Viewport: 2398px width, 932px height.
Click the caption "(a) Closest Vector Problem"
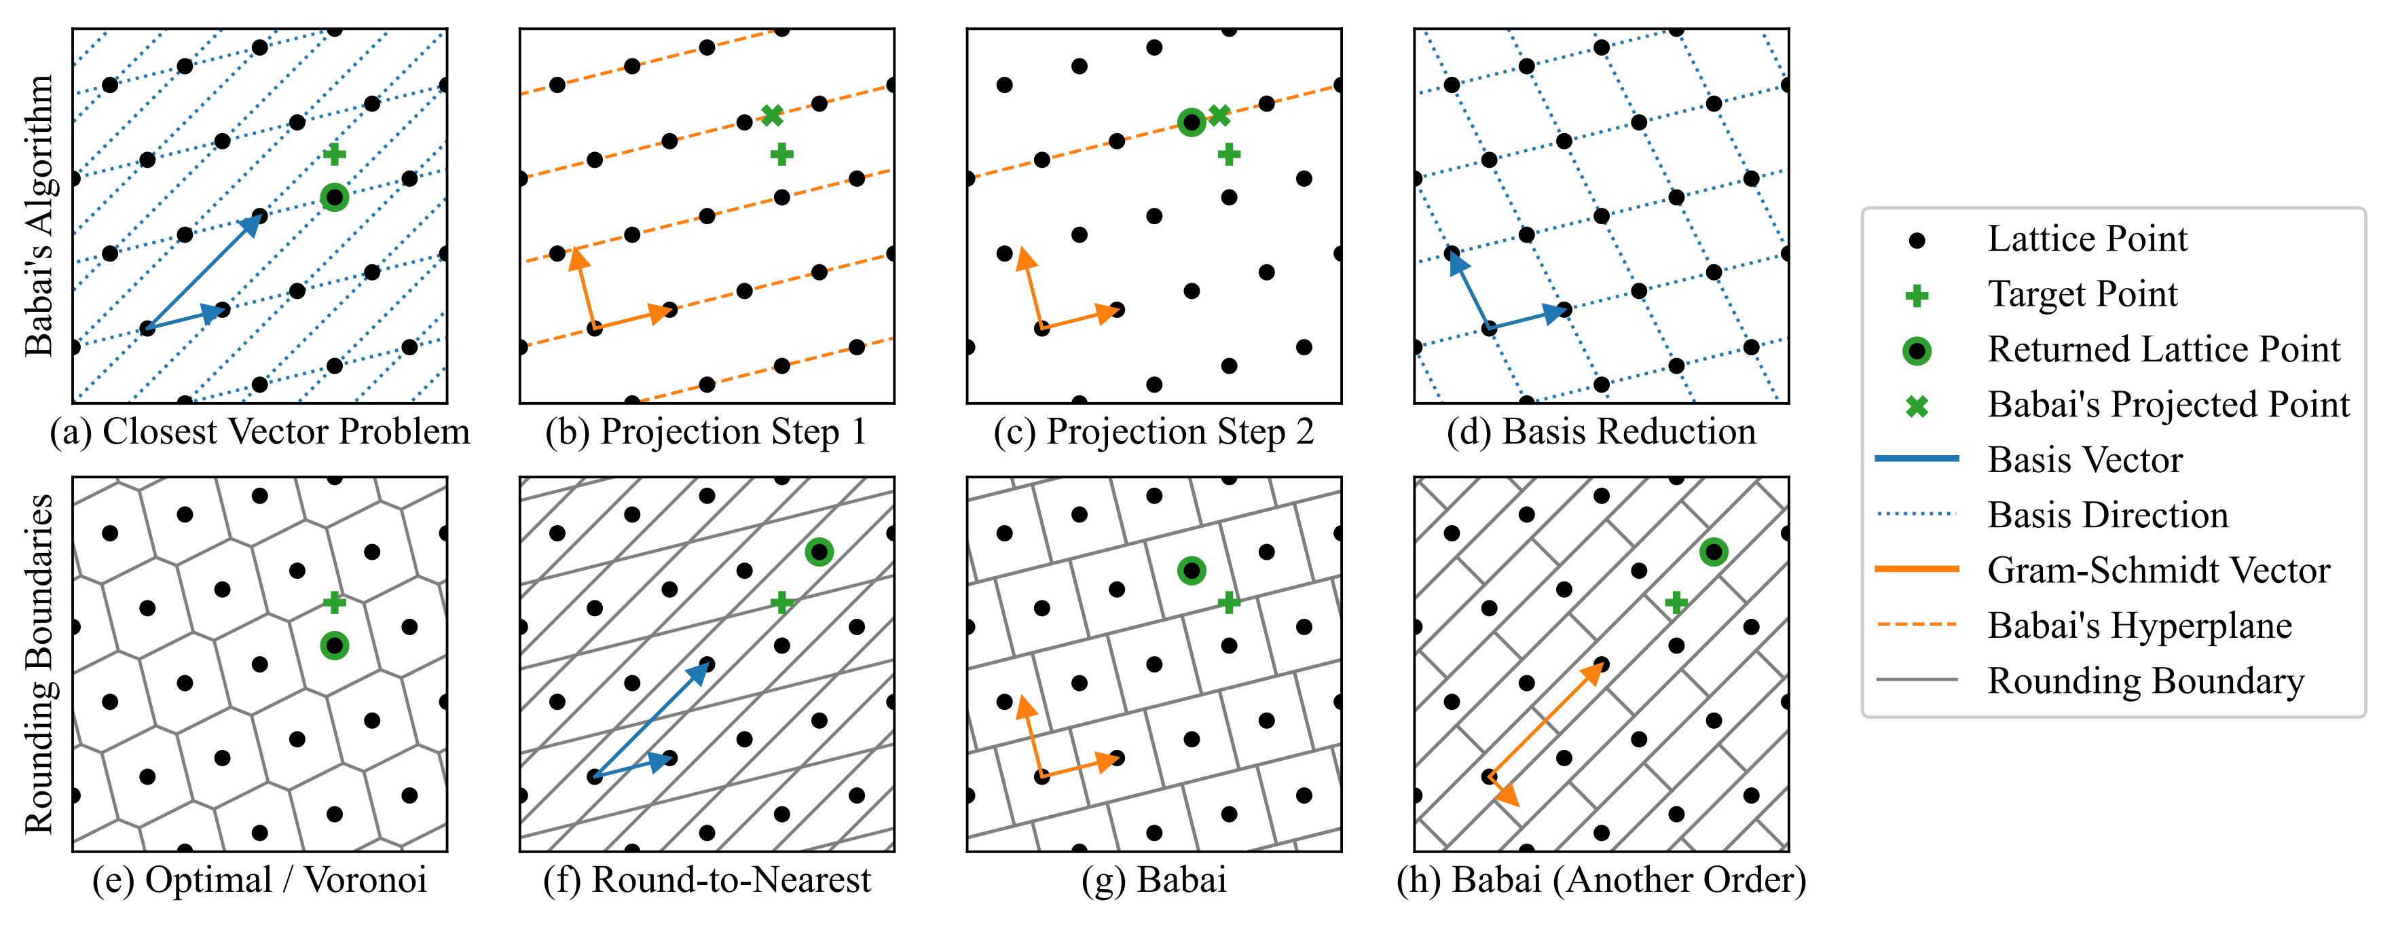coord(260,432)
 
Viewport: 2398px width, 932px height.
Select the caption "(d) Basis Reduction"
coord(1601,432)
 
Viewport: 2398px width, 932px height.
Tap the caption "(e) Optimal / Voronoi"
coord(260,880)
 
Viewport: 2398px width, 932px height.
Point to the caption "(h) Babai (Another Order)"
coord(1601,880)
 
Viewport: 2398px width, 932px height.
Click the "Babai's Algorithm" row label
coord(39,216)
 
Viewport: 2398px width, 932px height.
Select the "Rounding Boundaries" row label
coord(39,664)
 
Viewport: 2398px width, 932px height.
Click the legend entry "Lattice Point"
coord(2087,239)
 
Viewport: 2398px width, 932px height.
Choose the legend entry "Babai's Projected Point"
coord(2168,405)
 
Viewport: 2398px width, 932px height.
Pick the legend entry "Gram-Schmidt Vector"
coord(2158,571)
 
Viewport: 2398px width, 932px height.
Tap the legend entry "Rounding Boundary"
coord(2145,681)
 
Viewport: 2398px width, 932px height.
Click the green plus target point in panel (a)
coord(334,155)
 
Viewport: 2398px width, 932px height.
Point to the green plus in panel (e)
coord(334,603)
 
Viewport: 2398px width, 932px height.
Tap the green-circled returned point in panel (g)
coord(1191,571)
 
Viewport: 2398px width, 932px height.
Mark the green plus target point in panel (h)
coord(1676,603)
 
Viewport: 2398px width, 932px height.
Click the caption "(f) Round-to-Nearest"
coord(707,880)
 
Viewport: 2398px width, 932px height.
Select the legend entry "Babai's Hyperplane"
coord(2139,626)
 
